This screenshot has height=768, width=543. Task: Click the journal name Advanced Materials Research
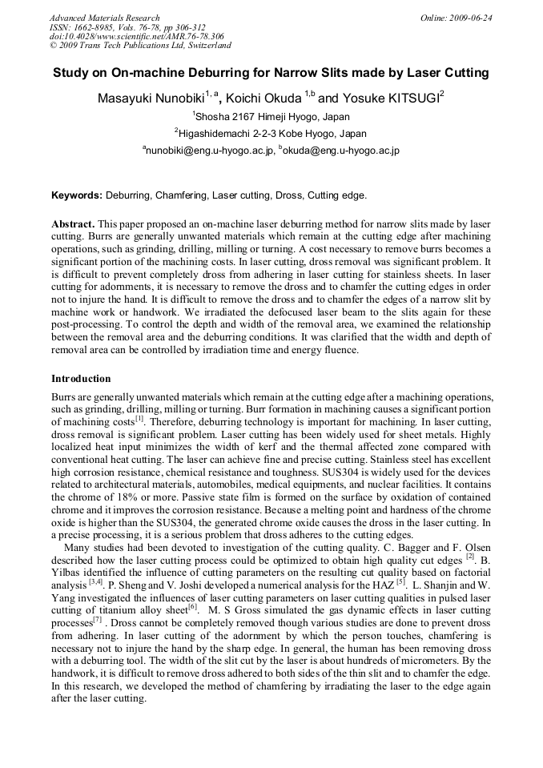pyautogui.click(x=104, y=18)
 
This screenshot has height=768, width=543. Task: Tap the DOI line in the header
pyautogui.click(x=137, y=36)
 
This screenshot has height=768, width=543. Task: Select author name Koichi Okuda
pyautogui.click(x=263, y=99)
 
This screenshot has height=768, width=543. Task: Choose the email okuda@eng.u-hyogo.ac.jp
pyautogui.click(x=340, y=150)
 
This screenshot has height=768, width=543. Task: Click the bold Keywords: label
pyautogui.click(x=77, y=195)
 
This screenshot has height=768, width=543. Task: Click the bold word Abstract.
pyautogui.click(x=73, y=223)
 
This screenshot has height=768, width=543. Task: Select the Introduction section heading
pyautogui.click(x=81, y=378)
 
